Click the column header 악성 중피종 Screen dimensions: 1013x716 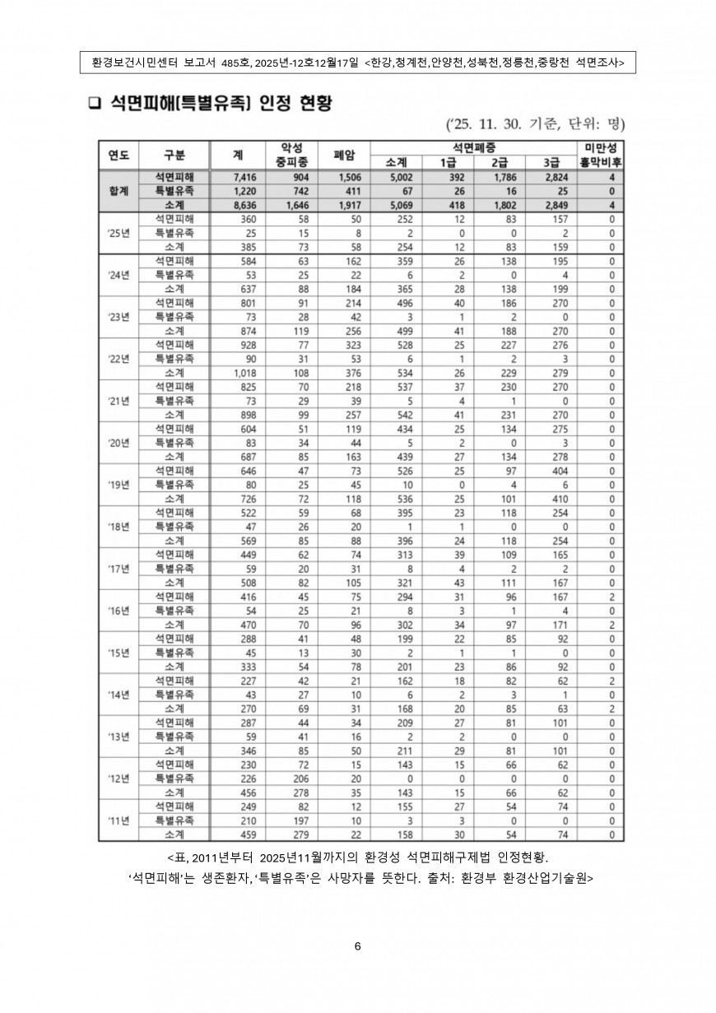292,155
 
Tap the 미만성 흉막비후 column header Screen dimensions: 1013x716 600,155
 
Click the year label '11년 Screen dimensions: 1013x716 119,820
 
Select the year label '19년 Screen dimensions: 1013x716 119,485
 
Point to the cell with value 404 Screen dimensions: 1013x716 551,471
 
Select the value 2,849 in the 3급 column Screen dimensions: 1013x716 551,204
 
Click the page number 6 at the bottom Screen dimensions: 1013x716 357,946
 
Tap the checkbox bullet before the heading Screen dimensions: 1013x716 93,104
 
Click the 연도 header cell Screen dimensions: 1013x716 119,155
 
